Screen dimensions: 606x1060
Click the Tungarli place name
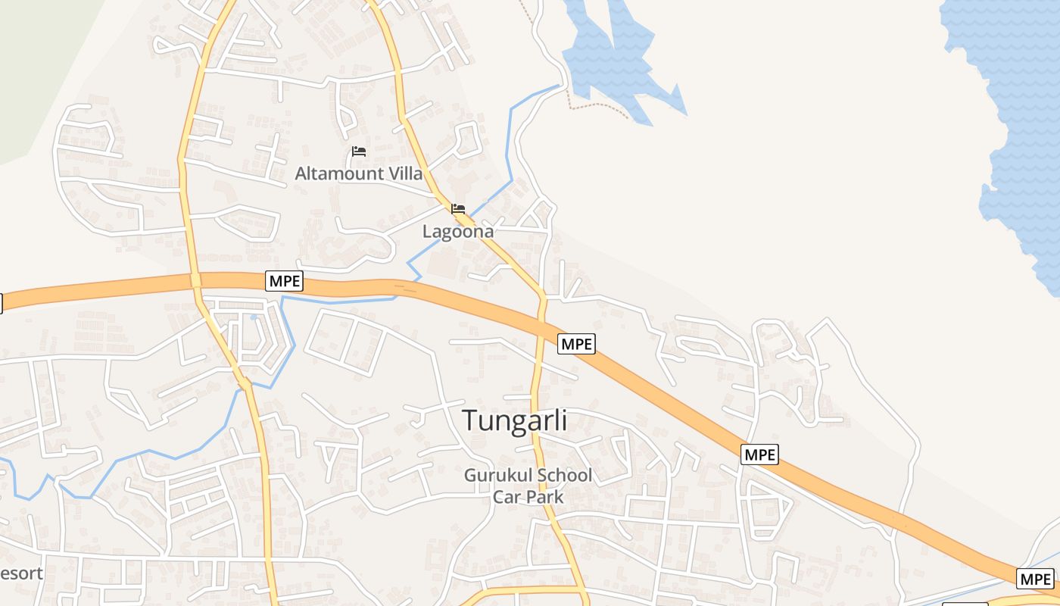pos(514,420)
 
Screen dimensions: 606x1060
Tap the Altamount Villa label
pos(358,173)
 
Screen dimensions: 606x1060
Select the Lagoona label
pos(457,232)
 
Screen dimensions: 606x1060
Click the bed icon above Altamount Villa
pos(359,151)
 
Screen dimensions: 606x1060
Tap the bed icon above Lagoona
pos(457,208)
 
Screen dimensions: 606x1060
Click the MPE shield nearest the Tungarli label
pos(576,344)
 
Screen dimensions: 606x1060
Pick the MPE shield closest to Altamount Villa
pos(285,282)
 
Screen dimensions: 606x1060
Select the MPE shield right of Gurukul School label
pos(759,454)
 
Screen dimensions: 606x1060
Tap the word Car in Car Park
pos(507,497)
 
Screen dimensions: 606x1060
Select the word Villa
pos(405,173)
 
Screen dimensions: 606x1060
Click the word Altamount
pos(338,173)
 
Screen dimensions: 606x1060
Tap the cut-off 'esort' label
pos(21,573)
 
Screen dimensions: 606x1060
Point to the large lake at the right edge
pos(1015,114)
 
